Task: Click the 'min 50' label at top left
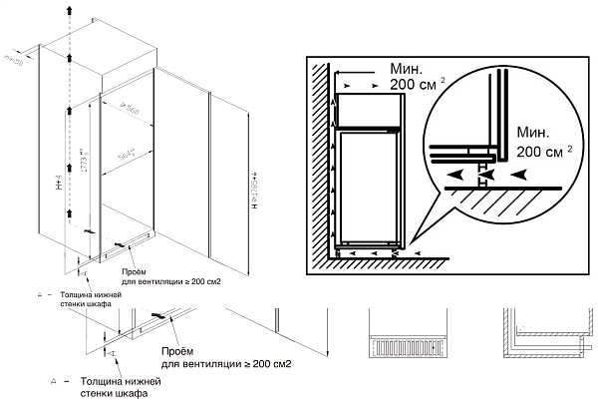(x=14, y=61)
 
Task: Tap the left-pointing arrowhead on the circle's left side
(x=453, y=173)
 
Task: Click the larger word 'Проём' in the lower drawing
(x=180, y=350)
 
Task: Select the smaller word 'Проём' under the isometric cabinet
(x=138, y=271)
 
